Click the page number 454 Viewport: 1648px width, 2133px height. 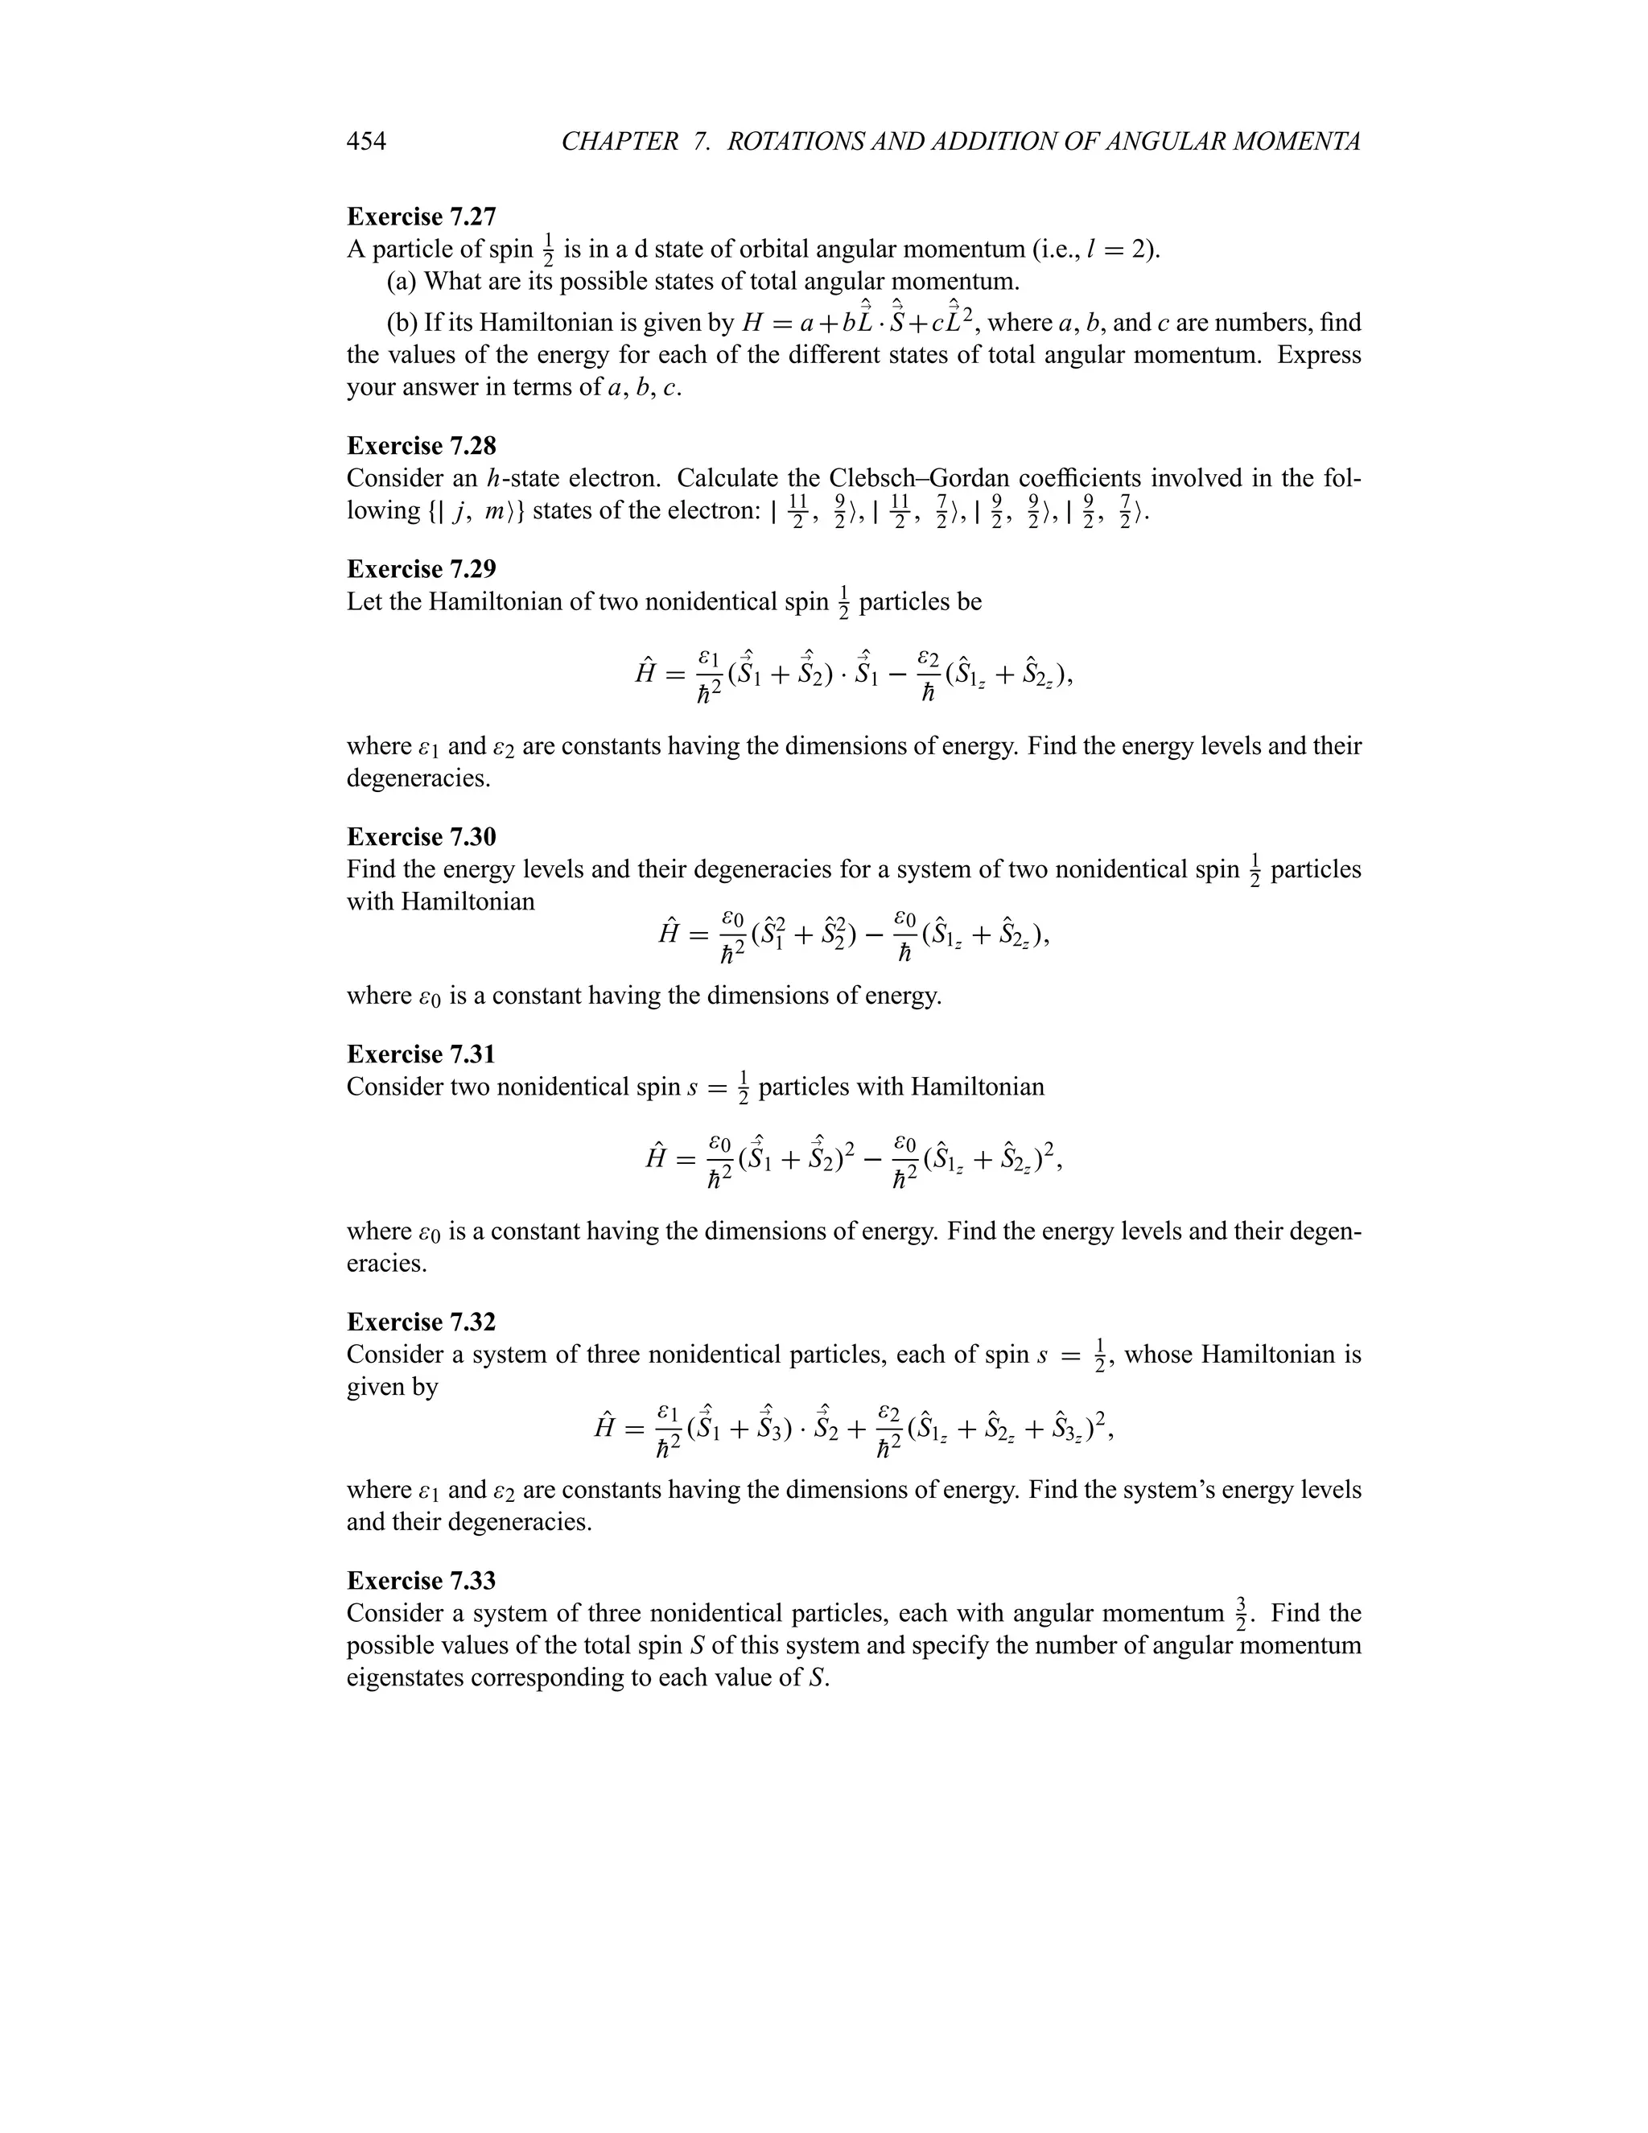[x=366, y=142]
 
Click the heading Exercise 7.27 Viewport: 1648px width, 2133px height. [x=421, y=216]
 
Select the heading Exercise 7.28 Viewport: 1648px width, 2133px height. [x=421, y=447]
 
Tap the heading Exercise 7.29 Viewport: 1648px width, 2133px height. [x=421, y=569]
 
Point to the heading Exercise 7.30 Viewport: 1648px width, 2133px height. [x=421, y=837]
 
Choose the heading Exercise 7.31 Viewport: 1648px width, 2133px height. [x=421, y=1054]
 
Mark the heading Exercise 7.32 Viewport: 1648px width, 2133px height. [x=421, y=1322]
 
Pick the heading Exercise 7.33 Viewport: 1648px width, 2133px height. [x=421, y=1581]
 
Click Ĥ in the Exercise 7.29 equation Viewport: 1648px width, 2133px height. [x=645, y=673]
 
